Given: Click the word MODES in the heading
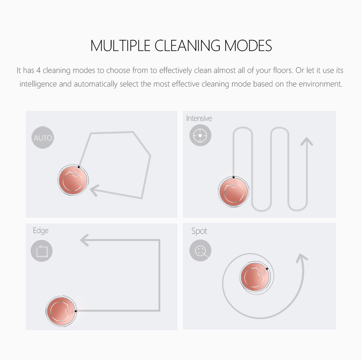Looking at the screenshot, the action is click(x=248, y=46).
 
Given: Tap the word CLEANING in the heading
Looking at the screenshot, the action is click(x=187, y=46).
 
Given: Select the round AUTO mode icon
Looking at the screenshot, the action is click(x=43, y=138).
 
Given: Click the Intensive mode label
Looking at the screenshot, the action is click(x=199, y=118).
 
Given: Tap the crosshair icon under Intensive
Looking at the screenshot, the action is click(x=200, y=135).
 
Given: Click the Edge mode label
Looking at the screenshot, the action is click(x=41, y=231).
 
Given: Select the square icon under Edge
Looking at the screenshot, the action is click(x=42, y=251).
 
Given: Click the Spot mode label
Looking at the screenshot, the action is click(x=199, y=231).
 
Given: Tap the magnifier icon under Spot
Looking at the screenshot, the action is click(x=200, y=250).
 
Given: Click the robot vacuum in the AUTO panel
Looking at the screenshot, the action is click(x=73, y=180).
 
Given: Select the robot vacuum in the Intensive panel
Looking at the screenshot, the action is click(x=234, y=192).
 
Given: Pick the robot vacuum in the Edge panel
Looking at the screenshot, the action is click(x=61, y=311).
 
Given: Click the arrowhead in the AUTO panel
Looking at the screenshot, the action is click(x=95, y=190).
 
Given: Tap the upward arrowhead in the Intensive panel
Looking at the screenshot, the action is click(x=307, y=141).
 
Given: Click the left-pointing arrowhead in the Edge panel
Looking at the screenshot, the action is click(x=84, y=240).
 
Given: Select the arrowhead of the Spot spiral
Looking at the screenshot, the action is click(x=302, y=258).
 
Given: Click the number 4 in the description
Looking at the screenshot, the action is click(x=39, y=70).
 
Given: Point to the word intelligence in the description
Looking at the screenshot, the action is click(x=38, y=84).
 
